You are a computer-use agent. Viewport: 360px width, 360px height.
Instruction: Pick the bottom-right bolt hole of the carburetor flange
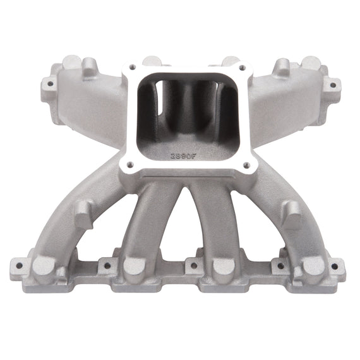click(x=247, y=165)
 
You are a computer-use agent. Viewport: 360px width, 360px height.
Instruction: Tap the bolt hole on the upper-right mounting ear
click(x=330, y=83)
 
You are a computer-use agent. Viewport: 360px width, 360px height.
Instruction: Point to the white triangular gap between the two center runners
click(x=180, y=234)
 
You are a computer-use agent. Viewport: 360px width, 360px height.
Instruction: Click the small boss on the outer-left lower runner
click(x=84, y=215)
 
